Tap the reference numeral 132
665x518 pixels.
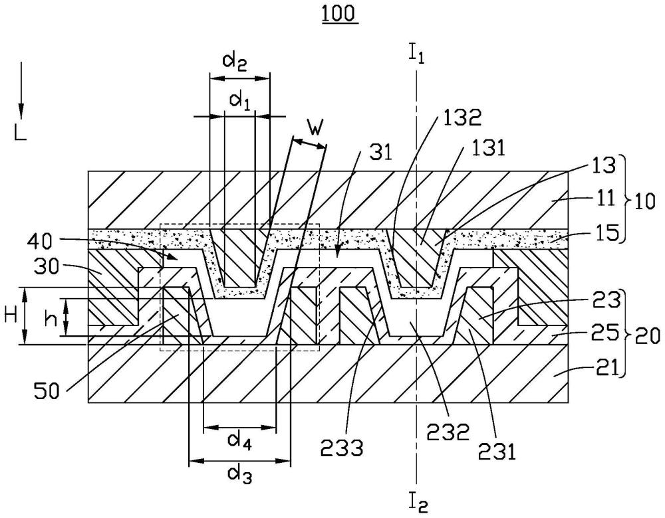pos(462,118)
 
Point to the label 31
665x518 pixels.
pos(380,153)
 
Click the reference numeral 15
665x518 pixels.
pos(603,234)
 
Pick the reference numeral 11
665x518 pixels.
pos(603,198)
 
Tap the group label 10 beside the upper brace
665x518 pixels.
pos(644,203)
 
